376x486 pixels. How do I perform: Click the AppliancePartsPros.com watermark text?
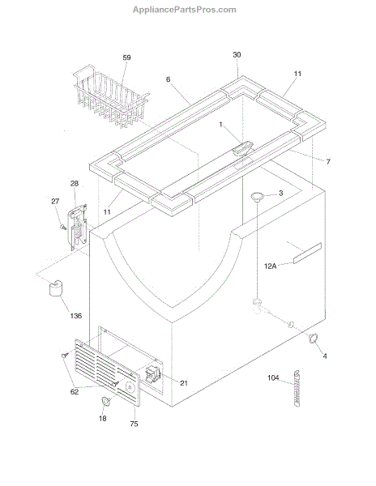tap(185, 10)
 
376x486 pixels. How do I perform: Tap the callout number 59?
tap(126, 58)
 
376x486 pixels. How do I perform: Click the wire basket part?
tap(111, 96)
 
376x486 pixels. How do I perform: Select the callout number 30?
tap(237, 55)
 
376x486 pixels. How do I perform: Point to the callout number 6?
tap(168, 79)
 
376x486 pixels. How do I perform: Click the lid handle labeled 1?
tap(242, 148)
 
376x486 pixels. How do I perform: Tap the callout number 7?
tap(328, 161)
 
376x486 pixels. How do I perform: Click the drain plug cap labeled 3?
tap(257, 196)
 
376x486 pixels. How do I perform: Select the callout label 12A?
tap(270, 266)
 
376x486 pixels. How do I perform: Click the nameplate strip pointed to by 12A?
tap(307, 254)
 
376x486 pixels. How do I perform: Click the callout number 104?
tap(273, 377)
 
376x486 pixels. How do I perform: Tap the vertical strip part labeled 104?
tap(297, 388)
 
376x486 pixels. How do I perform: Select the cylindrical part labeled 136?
tap(55, 288)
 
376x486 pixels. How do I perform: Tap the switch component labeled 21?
tap(152, 373)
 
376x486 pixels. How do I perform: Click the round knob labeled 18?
tap(106, 402)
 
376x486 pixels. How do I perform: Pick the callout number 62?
tap(75, 392)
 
